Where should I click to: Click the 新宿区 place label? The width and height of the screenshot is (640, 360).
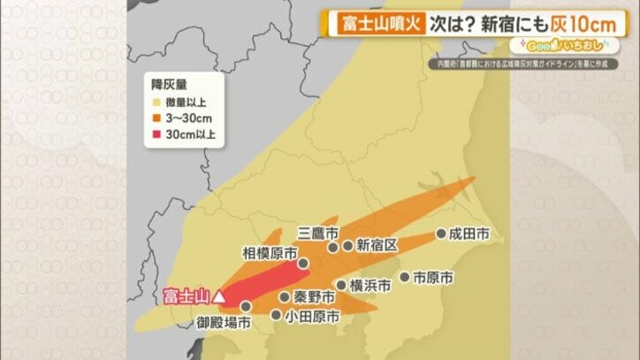click(x=377, y=245)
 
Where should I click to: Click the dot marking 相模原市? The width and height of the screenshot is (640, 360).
click(x=303, y=263)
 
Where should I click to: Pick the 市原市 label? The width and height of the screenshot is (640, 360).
click(x=434, y=278)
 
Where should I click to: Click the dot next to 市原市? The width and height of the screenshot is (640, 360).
click(x=405, y=278)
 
